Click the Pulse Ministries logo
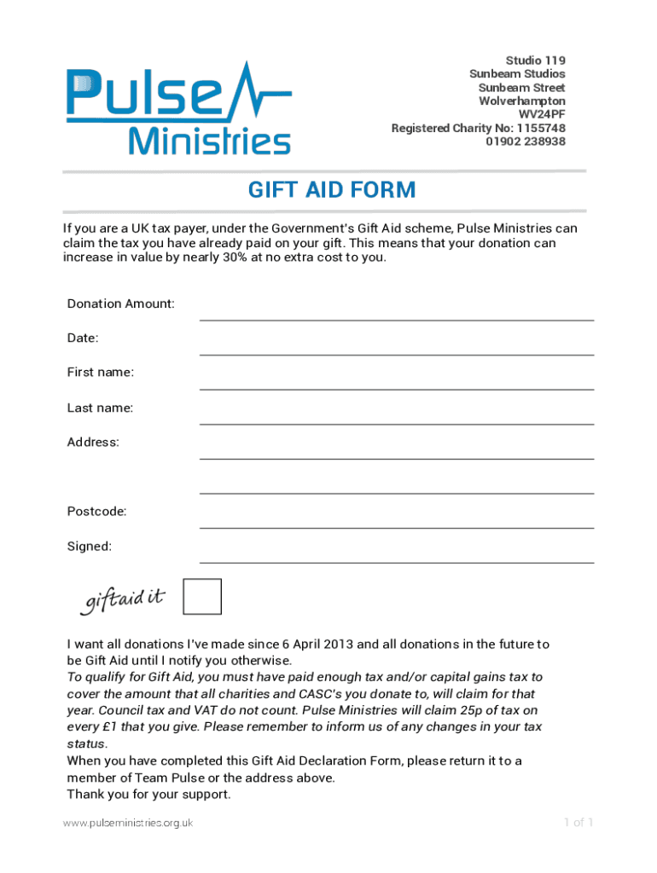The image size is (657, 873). point(178,108)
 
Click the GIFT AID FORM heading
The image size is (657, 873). point(332,189)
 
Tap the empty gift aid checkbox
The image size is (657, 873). point(202,597)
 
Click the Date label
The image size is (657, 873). point(83,338)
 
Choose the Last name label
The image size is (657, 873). point(100,408)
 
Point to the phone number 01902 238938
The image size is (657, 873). point(526,142)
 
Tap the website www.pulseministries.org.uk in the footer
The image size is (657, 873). point(128,823)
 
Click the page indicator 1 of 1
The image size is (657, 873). point(578,823)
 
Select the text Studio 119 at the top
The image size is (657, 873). point(536,61)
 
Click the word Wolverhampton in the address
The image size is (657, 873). point(522,101)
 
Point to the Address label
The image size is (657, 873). point(93,442)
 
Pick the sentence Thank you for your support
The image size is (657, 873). point(148,795)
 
